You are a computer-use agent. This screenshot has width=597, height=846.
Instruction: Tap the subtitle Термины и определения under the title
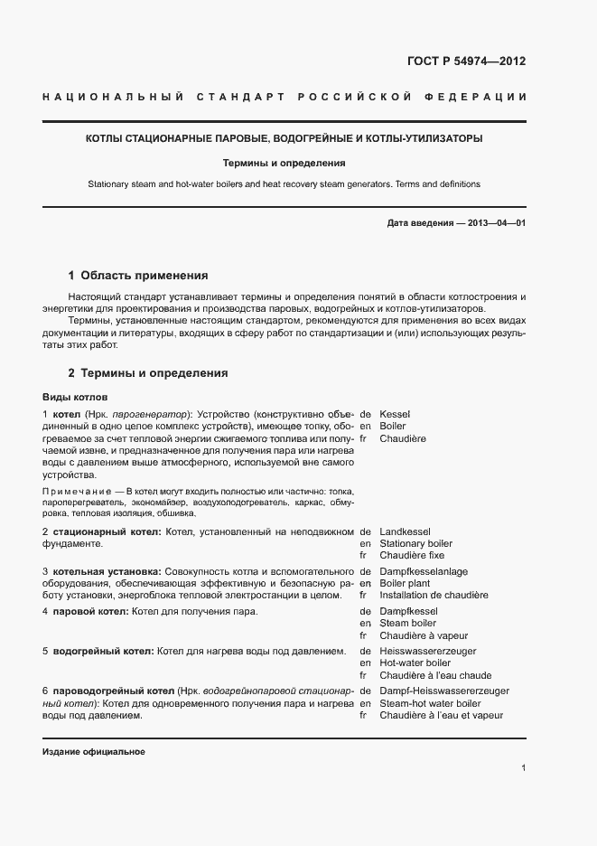click(285, 164)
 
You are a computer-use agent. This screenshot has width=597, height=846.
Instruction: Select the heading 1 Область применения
click(138, 275)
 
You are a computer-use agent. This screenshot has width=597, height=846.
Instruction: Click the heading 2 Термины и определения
click(148, 372)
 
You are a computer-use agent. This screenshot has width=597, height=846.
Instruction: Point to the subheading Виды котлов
click(75, 397)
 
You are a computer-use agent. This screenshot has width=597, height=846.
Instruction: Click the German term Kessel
click(396, 412)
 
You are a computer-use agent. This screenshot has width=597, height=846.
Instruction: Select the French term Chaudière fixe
click(412, 556)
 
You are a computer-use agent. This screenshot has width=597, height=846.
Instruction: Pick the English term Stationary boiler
click(416, 543)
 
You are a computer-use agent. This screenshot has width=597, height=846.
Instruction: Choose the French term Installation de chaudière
click(434, 596)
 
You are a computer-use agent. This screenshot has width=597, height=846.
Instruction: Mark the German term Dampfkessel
click(408, 611)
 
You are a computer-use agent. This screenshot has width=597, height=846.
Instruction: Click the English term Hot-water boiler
click(415, 663)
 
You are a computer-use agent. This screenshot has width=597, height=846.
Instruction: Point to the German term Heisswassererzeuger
click(428, 651)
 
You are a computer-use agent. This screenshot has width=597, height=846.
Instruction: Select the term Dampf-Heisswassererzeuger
click(443, 691)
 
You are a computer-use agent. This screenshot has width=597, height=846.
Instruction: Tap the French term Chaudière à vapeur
click(423, 636)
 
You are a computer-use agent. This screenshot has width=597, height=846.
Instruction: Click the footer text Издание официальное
click(94, 752)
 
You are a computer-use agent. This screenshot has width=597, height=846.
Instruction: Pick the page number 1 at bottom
click(524, 768)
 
